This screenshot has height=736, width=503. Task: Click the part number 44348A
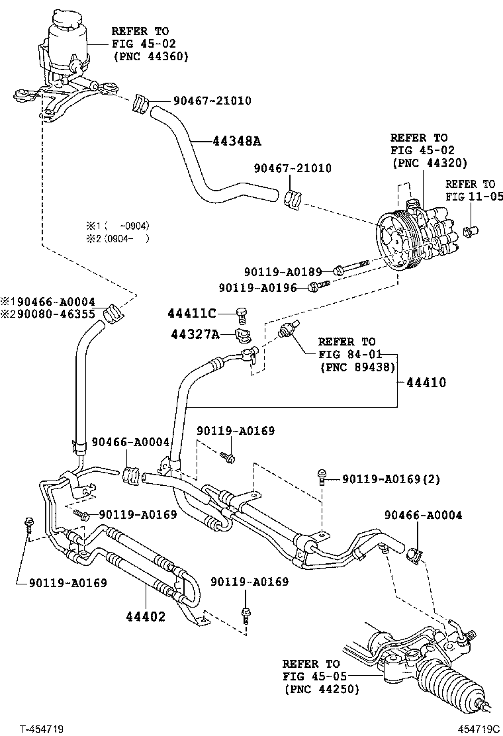click(237, 141)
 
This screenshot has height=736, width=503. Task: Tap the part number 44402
click(146, 617)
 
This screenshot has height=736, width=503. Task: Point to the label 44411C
click(192, 313)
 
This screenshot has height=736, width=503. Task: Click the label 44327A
click(193, 335)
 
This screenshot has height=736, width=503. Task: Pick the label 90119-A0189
click(283, 271)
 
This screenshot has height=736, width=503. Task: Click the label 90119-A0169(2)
click(391, 479)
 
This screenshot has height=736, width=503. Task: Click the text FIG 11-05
click(474, 197)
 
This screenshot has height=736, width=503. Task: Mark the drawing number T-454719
click(41, 729)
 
